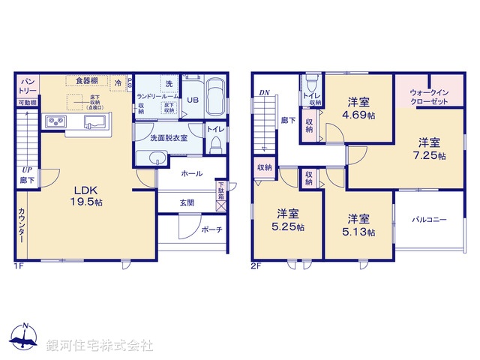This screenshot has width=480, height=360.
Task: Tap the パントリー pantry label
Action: pos(28,85)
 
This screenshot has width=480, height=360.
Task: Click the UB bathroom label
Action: pos(192,100)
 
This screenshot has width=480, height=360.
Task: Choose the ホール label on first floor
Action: pos(191,173)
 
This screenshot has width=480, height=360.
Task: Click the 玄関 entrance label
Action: pos(187,202)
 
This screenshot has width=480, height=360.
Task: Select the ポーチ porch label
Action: pos(211,230)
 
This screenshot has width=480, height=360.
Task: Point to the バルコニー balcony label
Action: pos(430,220)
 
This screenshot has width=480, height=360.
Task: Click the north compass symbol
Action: pos(25,340)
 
